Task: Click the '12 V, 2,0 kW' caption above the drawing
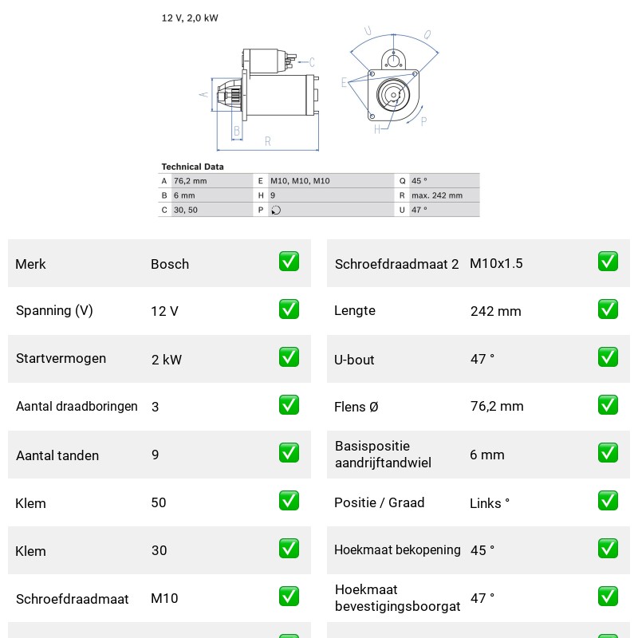pos(190,18)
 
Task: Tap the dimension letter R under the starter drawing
pos(267,141)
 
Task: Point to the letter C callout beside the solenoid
pos(312,62)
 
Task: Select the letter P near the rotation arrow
pos(423,121)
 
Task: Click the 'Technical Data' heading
pos(192,167)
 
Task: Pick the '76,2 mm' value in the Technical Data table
pos(190,181)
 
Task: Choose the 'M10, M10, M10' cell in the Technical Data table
pos(300,181)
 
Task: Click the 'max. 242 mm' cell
pos(437,195)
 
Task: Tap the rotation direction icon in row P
pos(276,210)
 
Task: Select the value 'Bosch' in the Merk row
pos(170,264)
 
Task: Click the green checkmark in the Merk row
pos(289,262)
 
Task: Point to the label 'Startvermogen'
pos(61,358)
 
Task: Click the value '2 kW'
pos(167,360)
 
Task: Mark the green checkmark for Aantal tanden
pos(289,453)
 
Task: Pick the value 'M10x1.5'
pos(496,263)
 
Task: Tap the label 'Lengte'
pos(355,310)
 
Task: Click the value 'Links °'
pos(490,503)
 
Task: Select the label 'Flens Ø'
pos(356,407)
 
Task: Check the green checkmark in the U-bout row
pos(608,357)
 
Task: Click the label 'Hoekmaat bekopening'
pos(397,549)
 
